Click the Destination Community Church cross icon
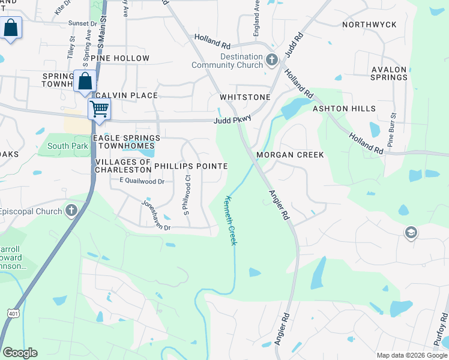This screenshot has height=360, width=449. coord(271,60)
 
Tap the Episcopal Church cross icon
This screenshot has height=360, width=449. coord(71,211)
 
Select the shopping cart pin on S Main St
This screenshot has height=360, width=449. coord(99,109)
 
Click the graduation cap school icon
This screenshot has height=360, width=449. coord(411,233)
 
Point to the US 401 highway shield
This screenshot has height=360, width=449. coord(13,313)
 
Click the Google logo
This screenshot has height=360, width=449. coord(20,353)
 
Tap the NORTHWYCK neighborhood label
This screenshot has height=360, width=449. coord(369,25)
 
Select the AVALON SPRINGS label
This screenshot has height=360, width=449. coord(389,73)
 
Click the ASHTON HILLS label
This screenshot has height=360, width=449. coord(344,109)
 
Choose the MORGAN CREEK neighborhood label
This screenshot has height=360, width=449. coord(290,155)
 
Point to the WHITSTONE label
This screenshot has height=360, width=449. coord(245,97)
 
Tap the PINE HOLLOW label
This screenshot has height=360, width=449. coord(120,58)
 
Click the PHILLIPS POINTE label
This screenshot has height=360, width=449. coord(191,166)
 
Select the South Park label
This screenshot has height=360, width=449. coord(68,146)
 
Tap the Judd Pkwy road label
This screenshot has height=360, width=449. coord(232,121)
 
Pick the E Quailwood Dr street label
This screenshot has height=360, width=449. coord(142,181)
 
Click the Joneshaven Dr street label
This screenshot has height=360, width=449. coord(156,215)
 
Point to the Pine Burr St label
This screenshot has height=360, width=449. coord(392,130)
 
